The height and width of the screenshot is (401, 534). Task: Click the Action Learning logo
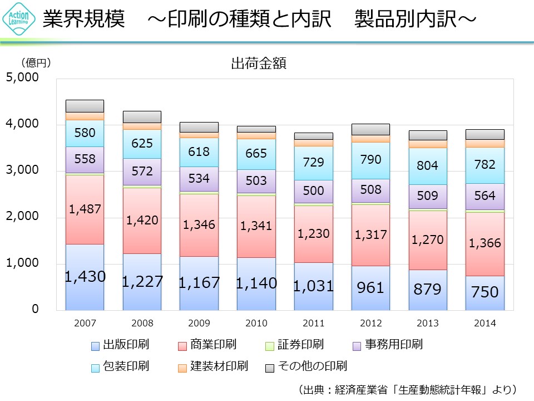tap(20, 19)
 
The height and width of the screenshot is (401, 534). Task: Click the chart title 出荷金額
tap(259, 63)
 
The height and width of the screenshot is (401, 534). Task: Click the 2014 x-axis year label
tap(485, 323)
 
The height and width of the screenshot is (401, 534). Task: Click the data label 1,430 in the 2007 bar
tap(85, 276)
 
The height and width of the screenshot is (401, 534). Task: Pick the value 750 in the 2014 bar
tap(485, 291)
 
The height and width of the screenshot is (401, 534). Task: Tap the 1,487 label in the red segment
tap(85, 209)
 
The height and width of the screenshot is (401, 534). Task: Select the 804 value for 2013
tap(428, 165)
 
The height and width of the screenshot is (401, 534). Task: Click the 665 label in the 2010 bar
tap(256, 153)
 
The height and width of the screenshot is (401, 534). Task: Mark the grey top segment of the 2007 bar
tap(85, 106)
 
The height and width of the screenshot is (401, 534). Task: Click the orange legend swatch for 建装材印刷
tap(182, 368)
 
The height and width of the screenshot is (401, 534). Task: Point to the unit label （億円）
tap(36, 63)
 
